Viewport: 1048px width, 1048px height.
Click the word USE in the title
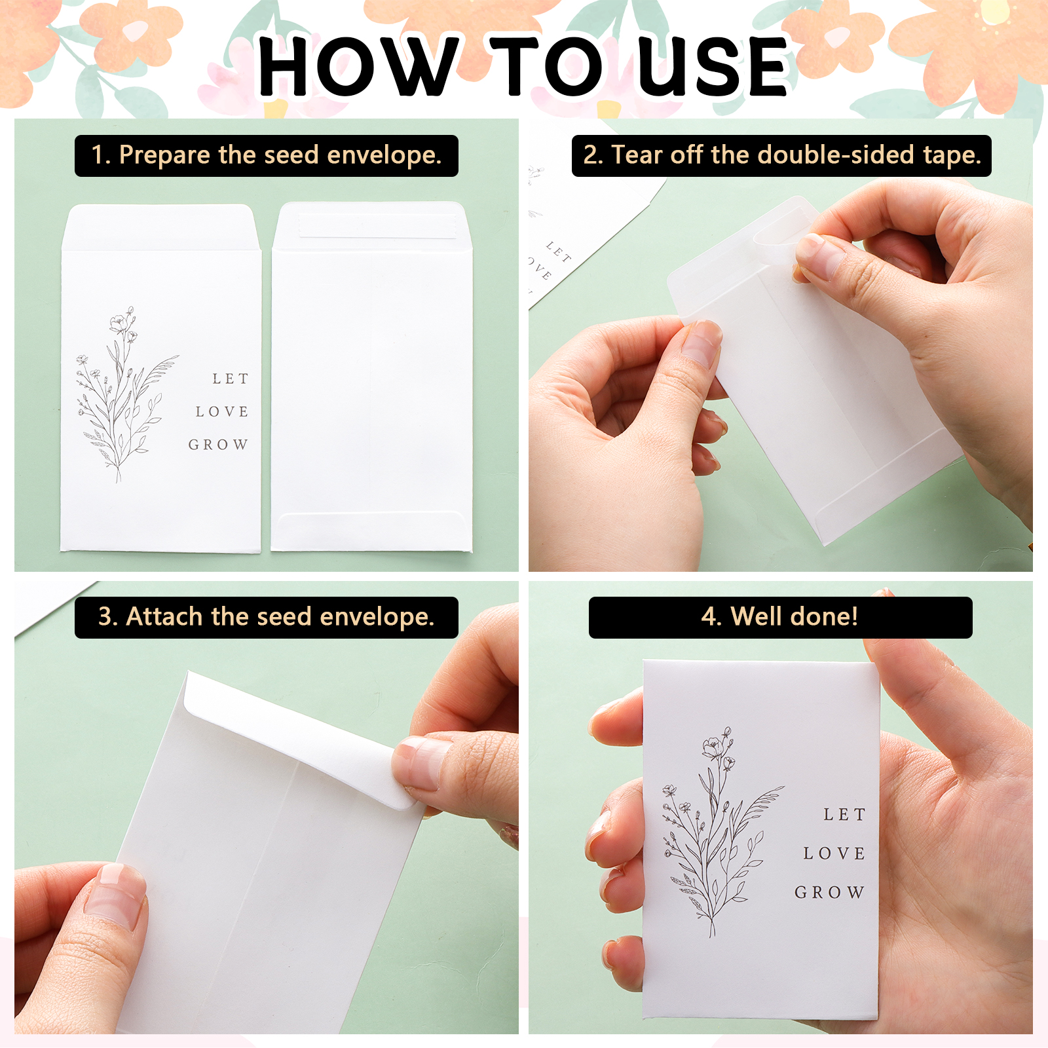pos(713,66)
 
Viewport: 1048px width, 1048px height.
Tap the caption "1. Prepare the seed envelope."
pos(267,155)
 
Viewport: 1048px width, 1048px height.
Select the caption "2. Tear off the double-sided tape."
pos(781,155)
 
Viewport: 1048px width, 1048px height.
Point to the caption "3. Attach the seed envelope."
pos(267,617)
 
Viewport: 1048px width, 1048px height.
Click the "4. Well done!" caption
pos(780,617)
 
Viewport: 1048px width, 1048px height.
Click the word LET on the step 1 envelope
pos(231,379)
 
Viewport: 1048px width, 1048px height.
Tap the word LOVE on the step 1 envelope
pos(222,411)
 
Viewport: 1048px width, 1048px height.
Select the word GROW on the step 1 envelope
pos(218,445)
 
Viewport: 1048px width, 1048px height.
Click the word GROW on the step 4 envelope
pos(830,892)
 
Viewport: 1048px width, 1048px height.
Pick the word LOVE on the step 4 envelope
pos(834,853)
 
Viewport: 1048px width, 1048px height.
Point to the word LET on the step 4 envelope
pos(845,814)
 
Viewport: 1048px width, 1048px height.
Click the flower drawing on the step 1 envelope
pos(126,394)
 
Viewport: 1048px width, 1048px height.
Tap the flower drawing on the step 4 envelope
pos(721,831)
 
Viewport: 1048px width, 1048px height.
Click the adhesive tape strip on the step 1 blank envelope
pos(378,225)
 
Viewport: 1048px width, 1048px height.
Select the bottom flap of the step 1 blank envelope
pos(371,530)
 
